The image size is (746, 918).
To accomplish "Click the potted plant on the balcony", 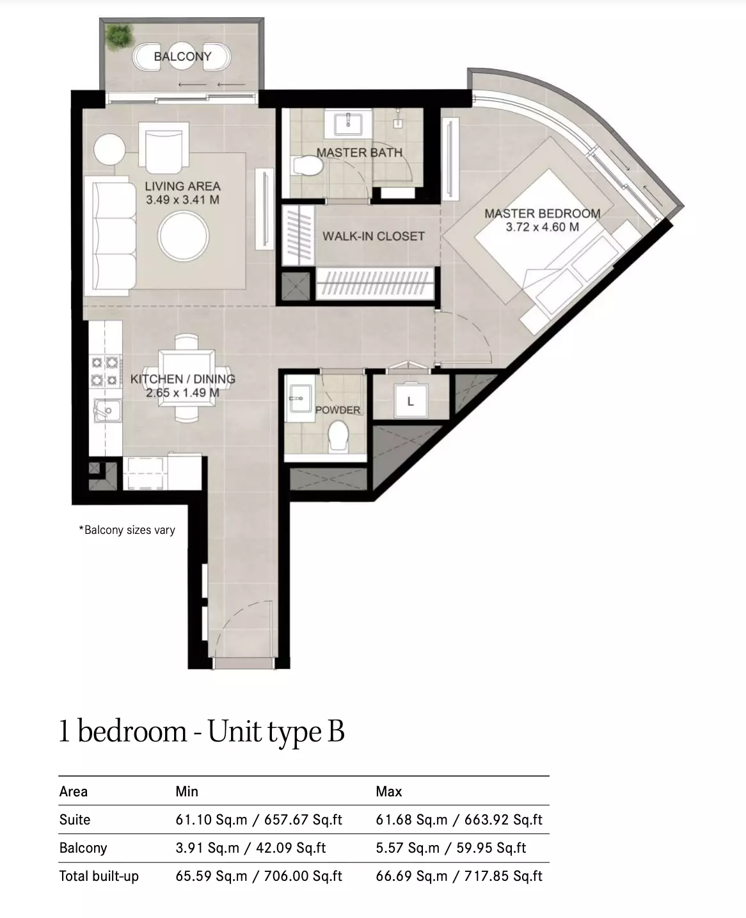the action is point(119,36).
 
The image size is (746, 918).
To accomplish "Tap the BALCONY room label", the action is point(182,56).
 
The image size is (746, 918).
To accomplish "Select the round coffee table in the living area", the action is point(183,236).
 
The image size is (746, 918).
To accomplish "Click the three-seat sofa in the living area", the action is point(110,236).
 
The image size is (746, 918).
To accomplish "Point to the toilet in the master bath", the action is point(308,166).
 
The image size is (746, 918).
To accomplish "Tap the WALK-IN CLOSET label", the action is point(374,236).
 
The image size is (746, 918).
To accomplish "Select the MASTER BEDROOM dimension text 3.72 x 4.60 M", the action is point(543,227).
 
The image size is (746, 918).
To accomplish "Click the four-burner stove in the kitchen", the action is point(104,371).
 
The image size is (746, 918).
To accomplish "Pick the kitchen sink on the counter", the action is point(107,410).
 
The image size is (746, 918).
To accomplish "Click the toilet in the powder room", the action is point(338,436).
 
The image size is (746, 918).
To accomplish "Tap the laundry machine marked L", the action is point(411,401).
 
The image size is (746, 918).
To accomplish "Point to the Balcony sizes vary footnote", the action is point(127,529).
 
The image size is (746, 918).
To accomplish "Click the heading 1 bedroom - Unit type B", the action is point(202,731).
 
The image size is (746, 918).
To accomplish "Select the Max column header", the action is point(388,792).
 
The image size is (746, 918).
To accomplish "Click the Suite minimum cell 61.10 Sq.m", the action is point(211,820).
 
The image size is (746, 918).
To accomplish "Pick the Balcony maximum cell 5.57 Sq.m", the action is point(408,848).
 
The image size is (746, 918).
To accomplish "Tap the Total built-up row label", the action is point(99,876).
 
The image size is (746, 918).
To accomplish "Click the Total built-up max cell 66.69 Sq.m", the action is point(411,876).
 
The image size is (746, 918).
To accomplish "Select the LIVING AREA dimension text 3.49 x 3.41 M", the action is point(182,200).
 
